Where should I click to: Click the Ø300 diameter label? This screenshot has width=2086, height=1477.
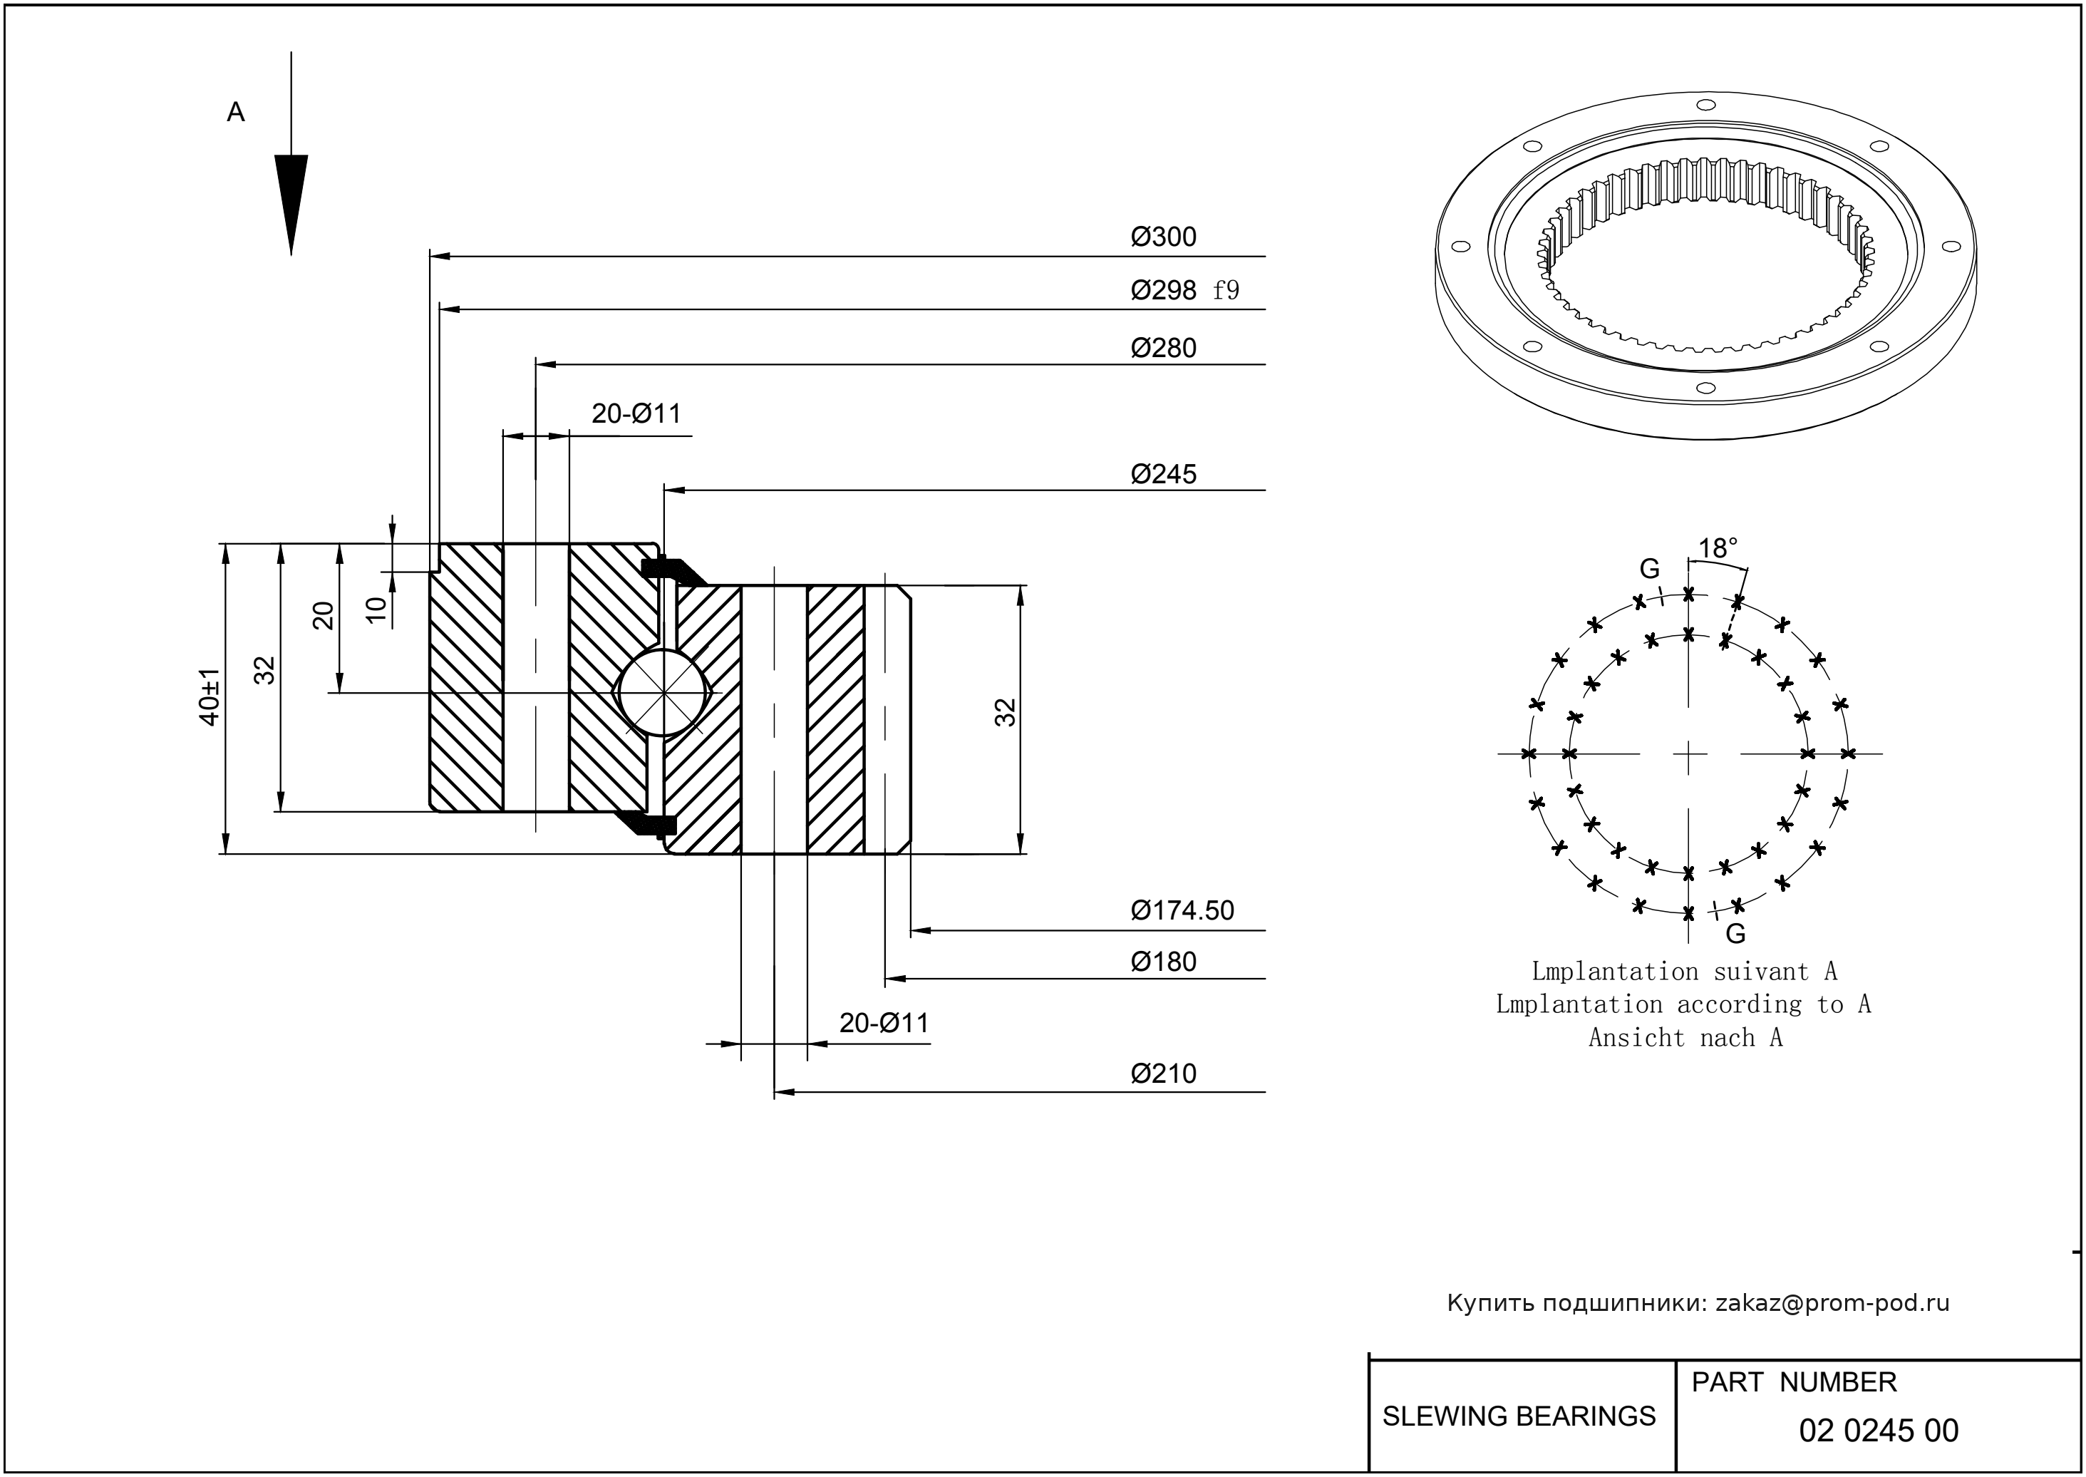tap(1163, 237)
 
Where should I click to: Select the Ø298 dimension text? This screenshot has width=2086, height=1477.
tap(1163, 290)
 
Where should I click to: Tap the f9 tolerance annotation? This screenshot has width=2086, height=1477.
tap(1226, 290)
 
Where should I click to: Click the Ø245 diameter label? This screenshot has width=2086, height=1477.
tap(1163, 474)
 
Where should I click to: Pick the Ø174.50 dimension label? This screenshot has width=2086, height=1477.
tap(1182, 910)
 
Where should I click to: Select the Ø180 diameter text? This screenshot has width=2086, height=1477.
tap(1163, 962)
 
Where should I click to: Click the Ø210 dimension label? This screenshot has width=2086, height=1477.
tap(1163, 1074)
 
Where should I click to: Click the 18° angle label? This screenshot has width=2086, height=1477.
tap(1718, 547)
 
